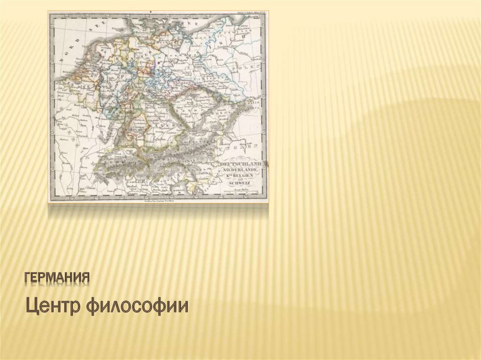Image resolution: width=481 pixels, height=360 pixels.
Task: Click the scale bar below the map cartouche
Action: click(x=240, y=191)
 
